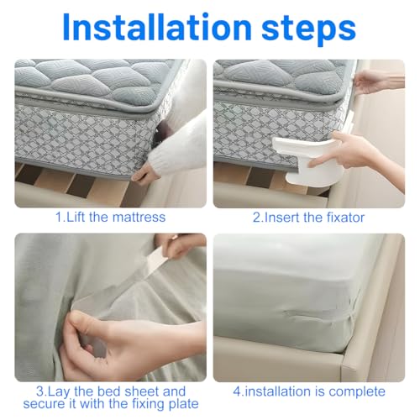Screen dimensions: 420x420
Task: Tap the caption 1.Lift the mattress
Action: coord(110,217)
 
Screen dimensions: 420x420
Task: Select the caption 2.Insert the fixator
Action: coord(309,217)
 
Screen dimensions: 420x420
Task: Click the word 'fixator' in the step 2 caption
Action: coord(344,217)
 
